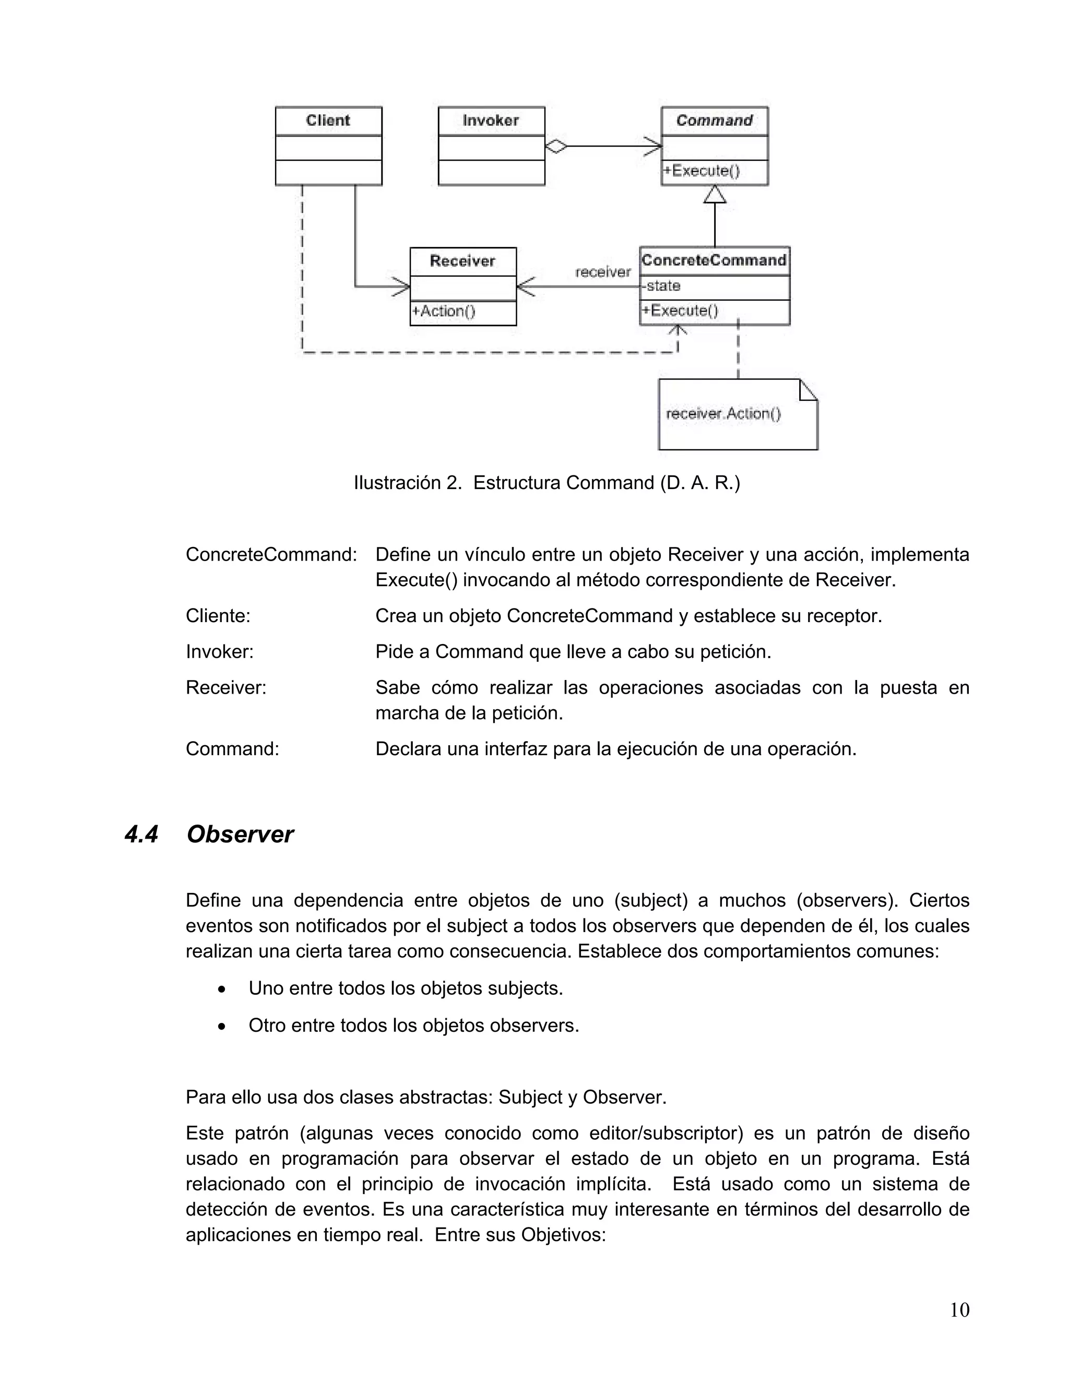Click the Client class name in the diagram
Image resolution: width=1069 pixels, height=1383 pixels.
328,121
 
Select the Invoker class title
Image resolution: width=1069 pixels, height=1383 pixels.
491,121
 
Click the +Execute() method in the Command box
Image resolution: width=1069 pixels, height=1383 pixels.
701,171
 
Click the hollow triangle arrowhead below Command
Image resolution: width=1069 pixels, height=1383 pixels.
715,194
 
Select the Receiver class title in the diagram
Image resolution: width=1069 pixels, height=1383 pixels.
462,261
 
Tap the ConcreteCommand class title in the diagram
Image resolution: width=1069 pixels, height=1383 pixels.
714,260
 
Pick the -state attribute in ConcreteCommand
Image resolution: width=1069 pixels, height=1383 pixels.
662,286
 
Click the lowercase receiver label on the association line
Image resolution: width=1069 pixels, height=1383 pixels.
602,272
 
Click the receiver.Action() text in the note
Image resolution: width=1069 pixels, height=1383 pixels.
723,414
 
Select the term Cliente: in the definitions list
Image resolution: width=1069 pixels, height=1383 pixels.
218,616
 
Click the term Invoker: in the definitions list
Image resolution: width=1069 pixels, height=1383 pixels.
219,652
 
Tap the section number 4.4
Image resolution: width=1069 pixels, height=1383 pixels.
141,834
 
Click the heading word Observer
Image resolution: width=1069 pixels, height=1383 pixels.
240,834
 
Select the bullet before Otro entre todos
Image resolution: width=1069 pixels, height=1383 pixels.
221,1026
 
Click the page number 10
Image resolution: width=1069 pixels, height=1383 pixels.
959,1310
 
